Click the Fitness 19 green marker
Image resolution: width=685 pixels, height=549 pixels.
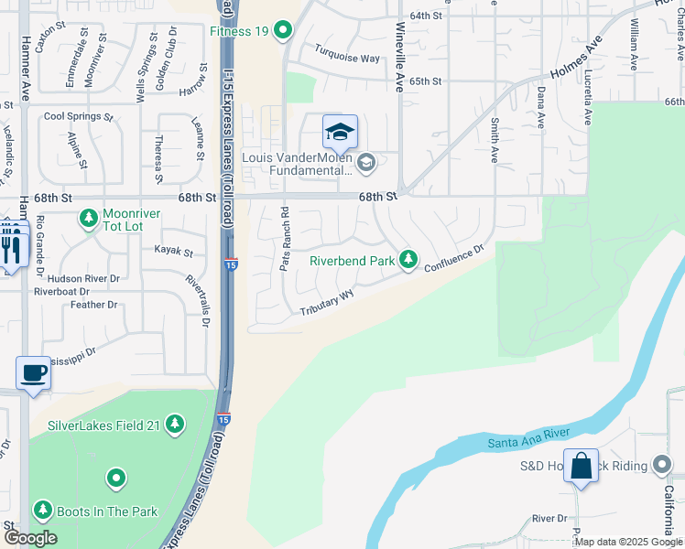(x=283, y=31)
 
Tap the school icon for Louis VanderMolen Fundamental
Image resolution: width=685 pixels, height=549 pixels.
(x=340, y=134)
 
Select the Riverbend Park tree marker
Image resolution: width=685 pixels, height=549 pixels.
(x=408, y=261)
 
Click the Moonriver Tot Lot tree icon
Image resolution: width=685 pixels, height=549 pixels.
(x=89, y=218)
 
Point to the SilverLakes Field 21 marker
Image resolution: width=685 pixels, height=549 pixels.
(x=174, y=425)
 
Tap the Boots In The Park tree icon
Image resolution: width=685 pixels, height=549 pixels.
(x=42, y=511)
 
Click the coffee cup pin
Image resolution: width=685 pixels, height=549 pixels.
(x=34, y=373)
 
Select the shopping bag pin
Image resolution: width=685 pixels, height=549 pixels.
(x=582, y=466)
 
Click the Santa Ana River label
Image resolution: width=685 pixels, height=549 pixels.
(x=528, y=438)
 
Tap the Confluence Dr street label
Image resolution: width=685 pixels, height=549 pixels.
(x=453, y=255)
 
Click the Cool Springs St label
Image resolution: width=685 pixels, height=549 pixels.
(x=78, y=117)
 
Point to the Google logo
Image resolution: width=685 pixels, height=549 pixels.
(x=30, y=538)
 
